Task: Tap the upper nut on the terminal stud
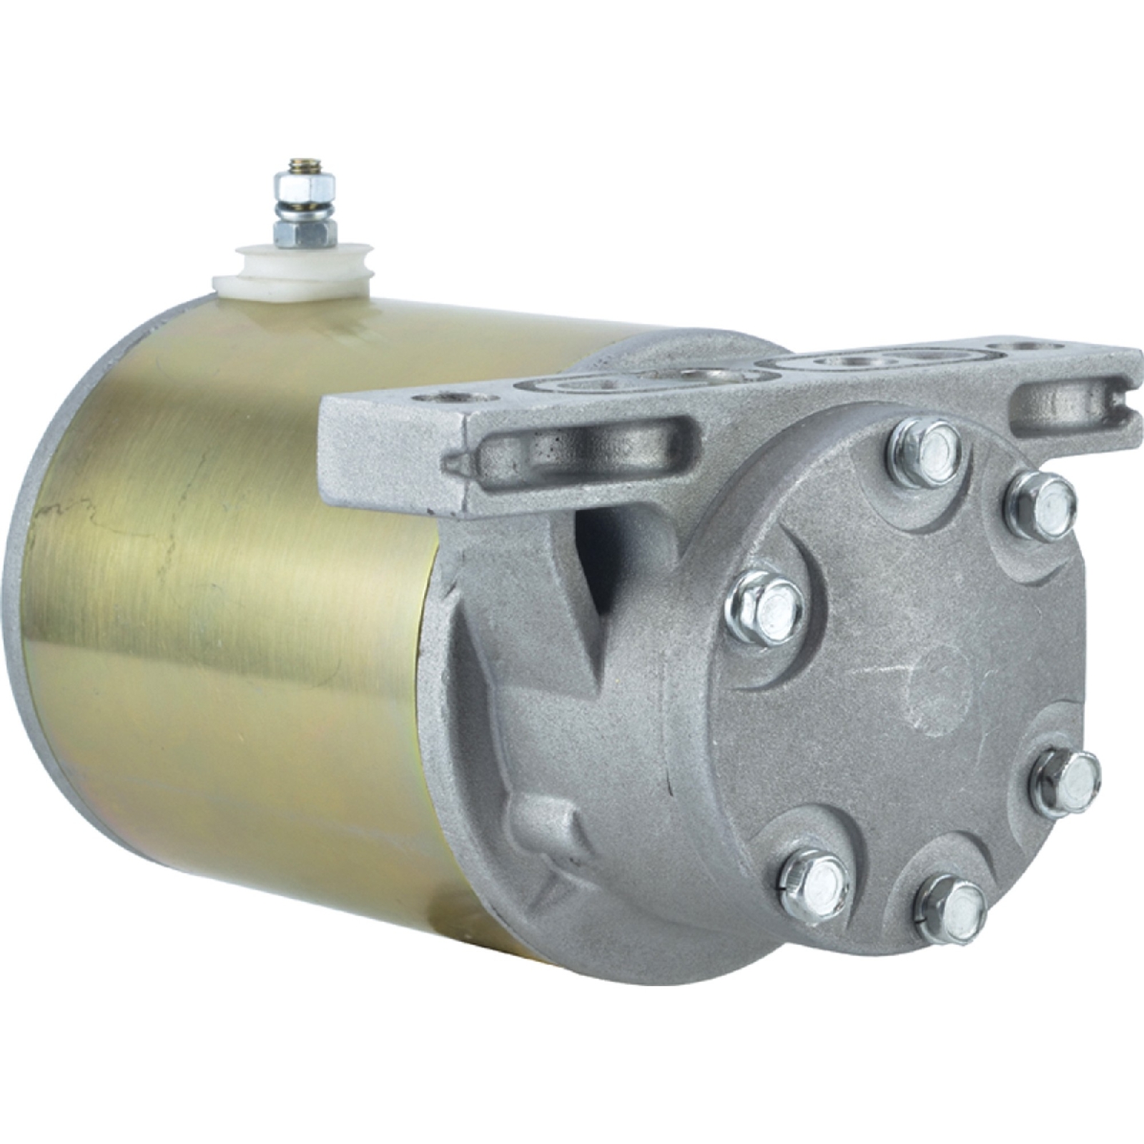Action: (305, 189)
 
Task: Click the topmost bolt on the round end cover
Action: (925, 452)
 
